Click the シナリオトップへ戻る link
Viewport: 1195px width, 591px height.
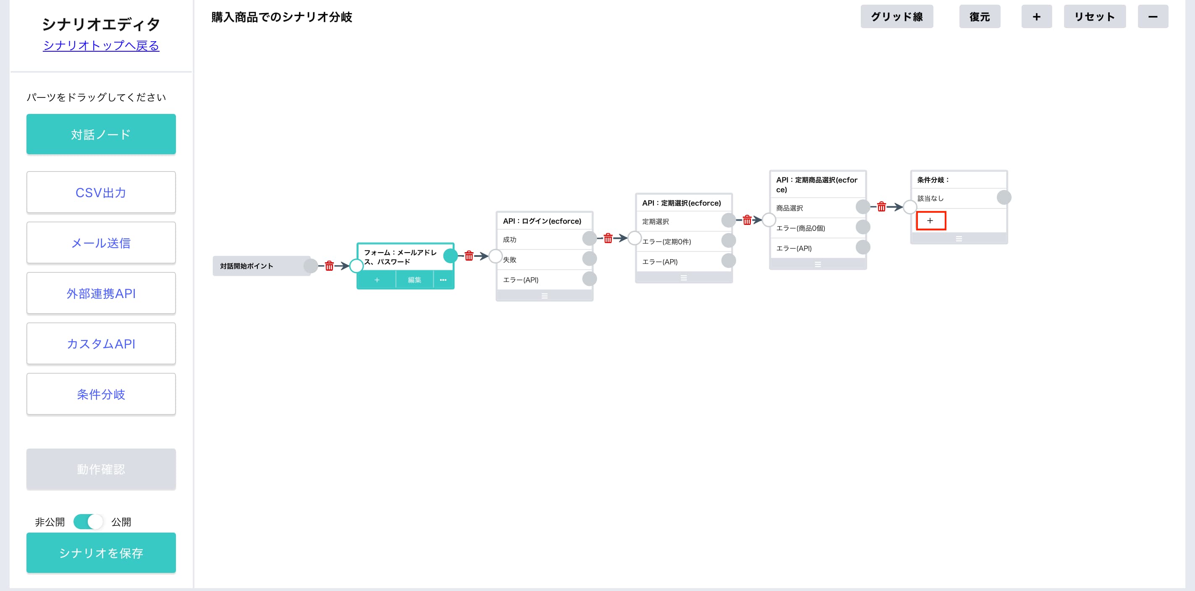point(101,45)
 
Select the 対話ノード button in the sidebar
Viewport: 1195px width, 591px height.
point(101,134)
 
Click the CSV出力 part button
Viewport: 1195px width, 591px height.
point(101,192)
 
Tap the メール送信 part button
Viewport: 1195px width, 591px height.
point(101,243)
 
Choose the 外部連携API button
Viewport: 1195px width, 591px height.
point(101,293)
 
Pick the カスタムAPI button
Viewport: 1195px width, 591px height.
point(101,343)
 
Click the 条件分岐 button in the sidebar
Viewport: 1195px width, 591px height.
point(101,394)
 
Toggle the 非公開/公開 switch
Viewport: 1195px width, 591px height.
point(88,522)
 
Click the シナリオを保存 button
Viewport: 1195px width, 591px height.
point(101,553)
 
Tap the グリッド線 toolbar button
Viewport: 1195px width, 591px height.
point(897,17)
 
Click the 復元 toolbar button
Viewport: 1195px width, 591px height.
point(979,17)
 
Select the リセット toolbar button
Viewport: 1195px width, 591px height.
point(1094,17)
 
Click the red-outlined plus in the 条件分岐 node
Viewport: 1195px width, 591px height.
point(930,221)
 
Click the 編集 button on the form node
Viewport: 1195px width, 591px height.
point(414,280)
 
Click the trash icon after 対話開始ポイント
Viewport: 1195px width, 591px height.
point(329,266)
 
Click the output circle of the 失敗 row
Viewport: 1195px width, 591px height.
point(589,259)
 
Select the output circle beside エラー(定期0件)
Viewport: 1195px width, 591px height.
point(729,240)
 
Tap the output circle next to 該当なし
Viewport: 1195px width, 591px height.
point(1004,197)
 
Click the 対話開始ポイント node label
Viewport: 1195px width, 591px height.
point(246,266)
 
